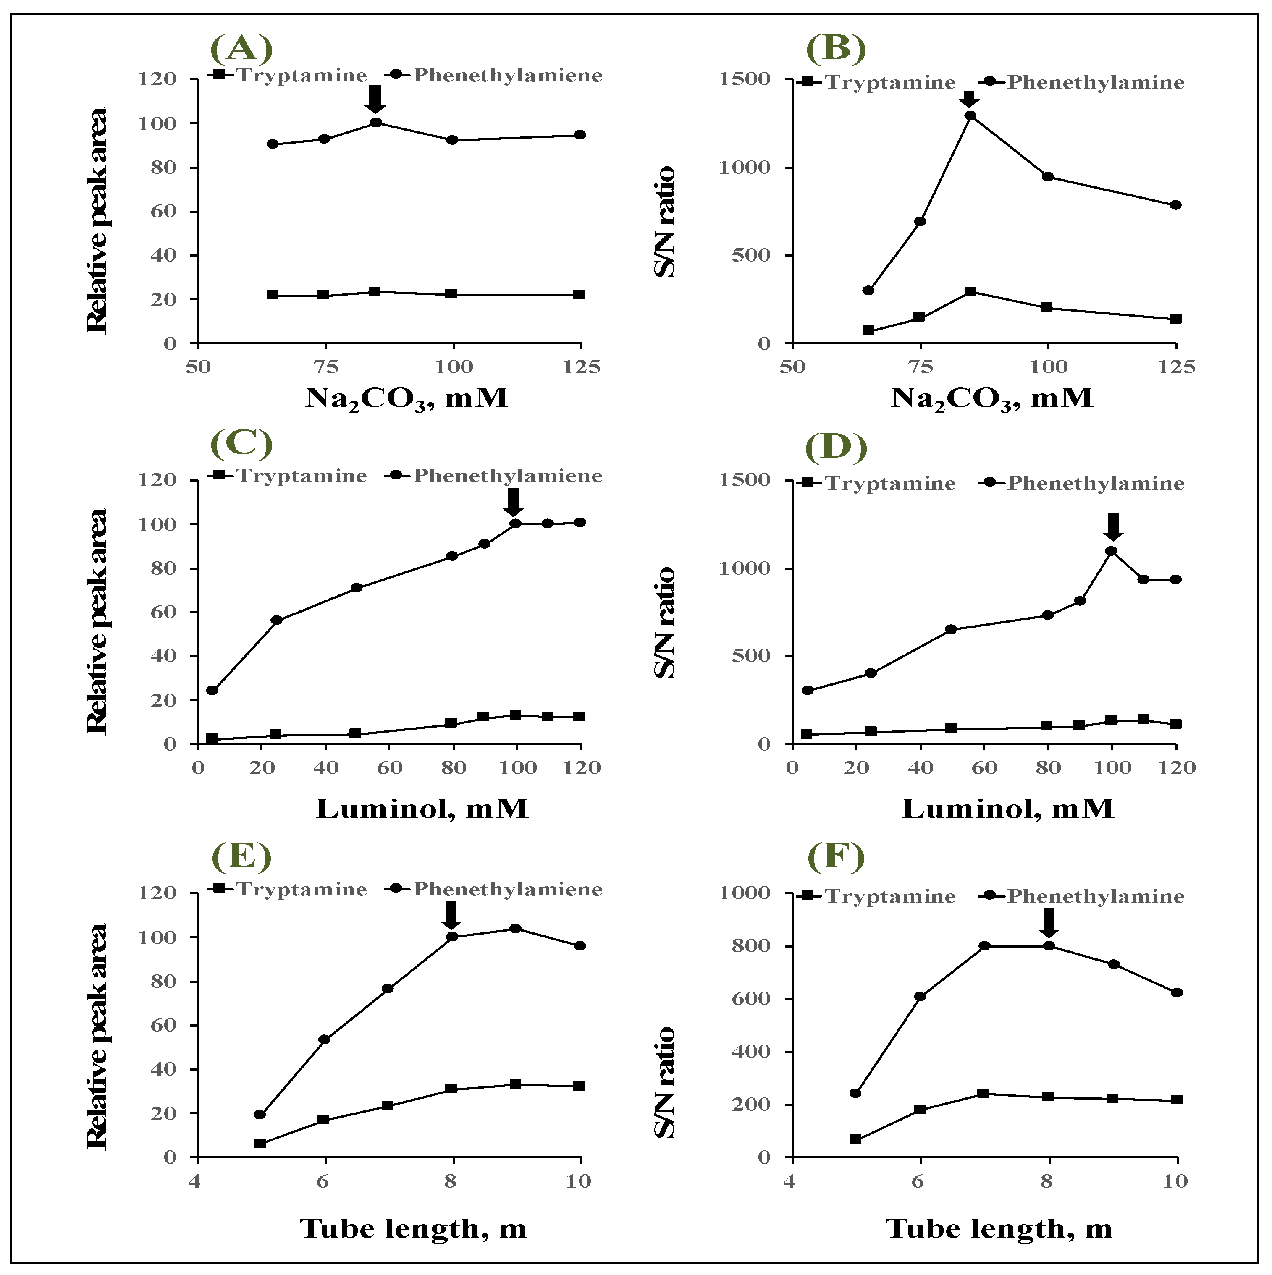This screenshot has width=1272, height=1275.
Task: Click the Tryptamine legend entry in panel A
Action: pos(287,75)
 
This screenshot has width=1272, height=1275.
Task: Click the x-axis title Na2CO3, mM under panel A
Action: pos(406,398)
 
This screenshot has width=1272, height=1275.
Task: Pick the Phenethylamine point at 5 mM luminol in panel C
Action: pos(212,690)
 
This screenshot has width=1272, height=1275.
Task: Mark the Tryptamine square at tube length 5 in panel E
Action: pos(260,1143)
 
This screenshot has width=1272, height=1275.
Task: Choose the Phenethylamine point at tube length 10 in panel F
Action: pos(1176,992)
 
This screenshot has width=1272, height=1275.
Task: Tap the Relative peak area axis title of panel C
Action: pos(97,621)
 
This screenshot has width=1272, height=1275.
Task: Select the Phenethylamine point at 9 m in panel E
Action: pos(516,929)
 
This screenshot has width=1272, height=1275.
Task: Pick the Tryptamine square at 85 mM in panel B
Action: pos(970,292)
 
